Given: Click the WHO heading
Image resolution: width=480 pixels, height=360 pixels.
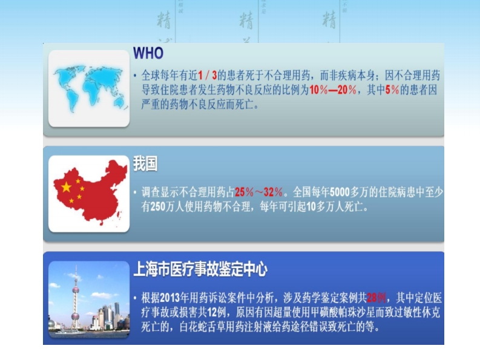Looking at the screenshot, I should pyautogui.click(x=148, y=53).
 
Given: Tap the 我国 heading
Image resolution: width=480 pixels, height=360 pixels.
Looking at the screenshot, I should pyautogui.click(x=145, y=163).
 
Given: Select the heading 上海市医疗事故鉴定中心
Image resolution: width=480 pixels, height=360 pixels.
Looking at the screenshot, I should pyautogui.click(x=200, y=269).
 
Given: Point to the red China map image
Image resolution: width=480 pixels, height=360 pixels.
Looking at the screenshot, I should pyautogui.click(x=88, y=193).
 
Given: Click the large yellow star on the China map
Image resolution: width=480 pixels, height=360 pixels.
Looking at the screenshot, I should pyautogui.click(x=66, y=186).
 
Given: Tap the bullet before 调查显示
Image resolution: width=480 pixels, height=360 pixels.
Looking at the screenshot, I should pyautogui.click(x=135, y=193).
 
